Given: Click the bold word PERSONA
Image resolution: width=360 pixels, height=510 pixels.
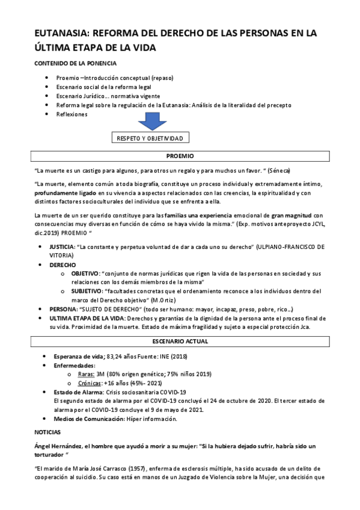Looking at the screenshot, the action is (64, 309).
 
